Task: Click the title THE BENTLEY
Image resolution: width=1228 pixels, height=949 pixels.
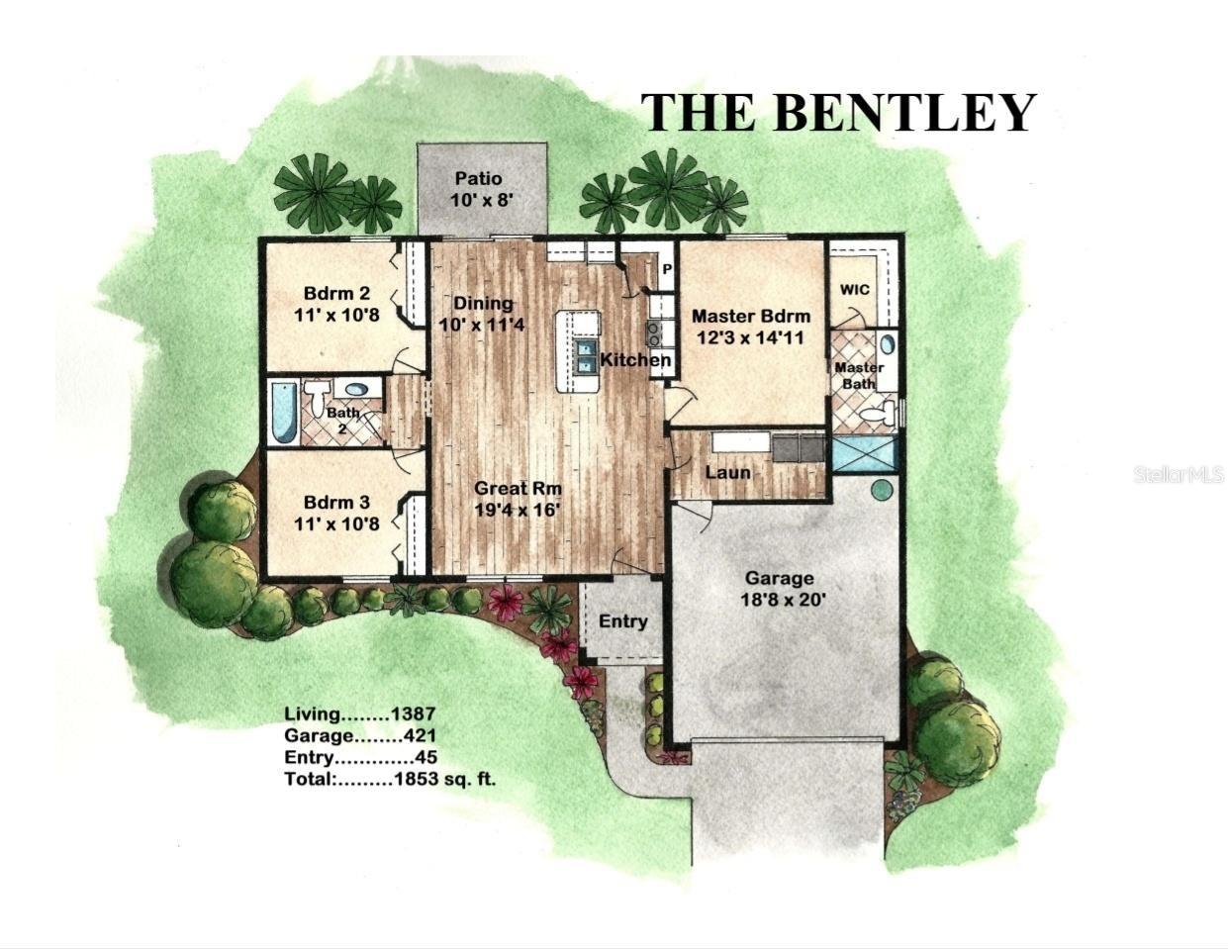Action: click(838, 112)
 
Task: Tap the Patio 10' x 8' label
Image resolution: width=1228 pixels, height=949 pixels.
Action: click(478, 188)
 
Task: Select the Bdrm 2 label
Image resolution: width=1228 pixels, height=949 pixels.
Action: click(336, 303)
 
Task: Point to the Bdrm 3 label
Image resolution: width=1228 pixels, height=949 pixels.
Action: click(336, 513)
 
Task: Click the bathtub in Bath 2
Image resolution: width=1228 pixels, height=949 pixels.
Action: click(284, 412)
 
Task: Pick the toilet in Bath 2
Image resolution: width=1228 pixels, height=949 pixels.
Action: click(318, 398)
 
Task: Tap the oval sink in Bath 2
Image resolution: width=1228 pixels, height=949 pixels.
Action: click(357, 390)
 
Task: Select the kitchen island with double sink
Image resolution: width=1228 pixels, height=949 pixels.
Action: click(578, 351)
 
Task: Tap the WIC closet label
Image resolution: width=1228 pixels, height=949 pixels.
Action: click(855, 290)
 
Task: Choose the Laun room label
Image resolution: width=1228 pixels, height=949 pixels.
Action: click(727, 472)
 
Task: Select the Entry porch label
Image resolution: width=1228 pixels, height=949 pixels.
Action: click(622, 621)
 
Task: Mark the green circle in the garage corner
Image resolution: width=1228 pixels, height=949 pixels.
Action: click(881, 489)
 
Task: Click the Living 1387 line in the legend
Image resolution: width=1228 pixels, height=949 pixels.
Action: click(359, 712)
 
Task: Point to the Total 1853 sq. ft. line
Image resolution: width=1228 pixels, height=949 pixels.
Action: click(390, 779)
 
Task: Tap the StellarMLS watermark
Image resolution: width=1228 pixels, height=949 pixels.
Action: click(1179, 475)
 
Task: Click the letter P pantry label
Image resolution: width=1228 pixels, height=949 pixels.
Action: click(666, 269)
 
